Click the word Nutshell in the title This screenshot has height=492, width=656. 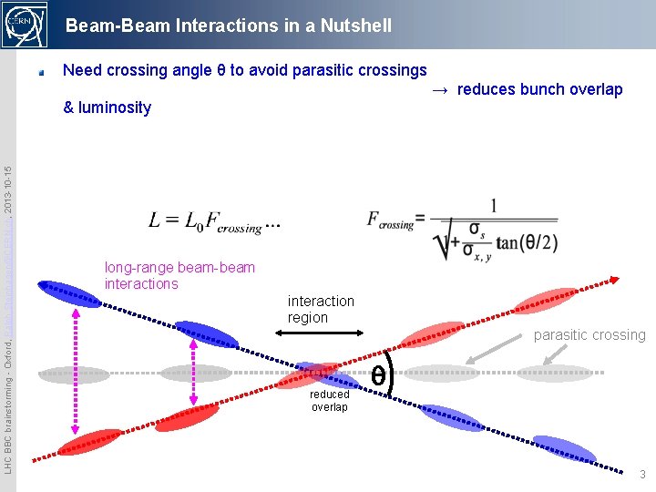point(349,26)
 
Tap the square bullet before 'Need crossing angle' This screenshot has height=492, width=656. point(42,71)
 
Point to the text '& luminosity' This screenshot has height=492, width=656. point(107,108)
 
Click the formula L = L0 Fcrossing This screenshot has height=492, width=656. point(214,221)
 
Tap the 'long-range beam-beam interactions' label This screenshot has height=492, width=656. point(179,275)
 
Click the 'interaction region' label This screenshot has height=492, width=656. point(321,309)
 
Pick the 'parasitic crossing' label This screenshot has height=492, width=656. point(589,335)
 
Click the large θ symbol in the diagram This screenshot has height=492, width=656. point(377,374)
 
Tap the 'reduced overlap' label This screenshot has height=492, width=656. point(329,401)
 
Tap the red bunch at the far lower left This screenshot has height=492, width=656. point(89,442)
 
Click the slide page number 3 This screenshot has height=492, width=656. point(642,475)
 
